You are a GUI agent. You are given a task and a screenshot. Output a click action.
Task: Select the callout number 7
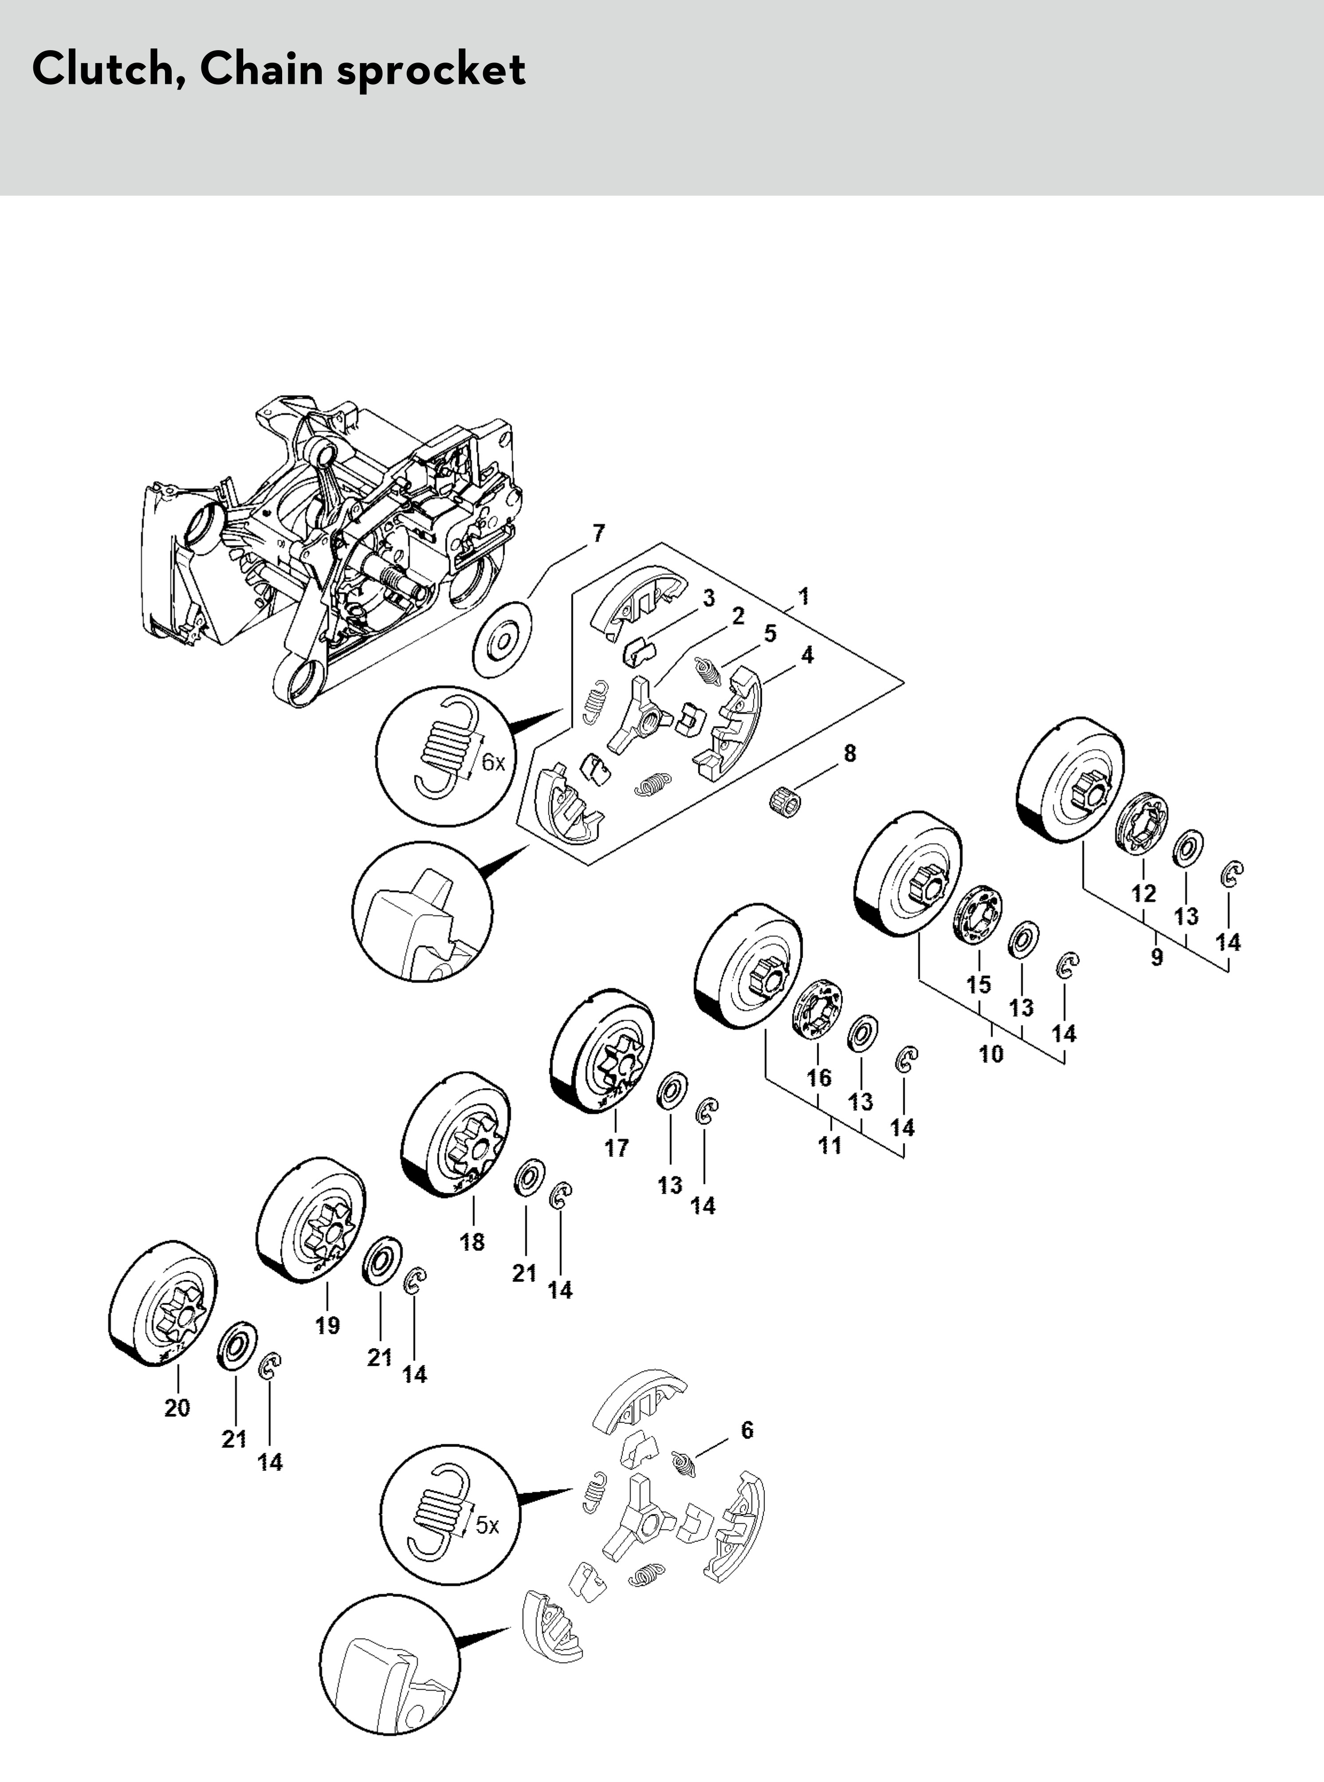click(599, 533)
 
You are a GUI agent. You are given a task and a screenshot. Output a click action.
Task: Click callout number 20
click(177, 1408)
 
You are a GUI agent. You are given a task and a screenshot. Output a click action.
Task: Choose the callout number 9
click(1156, 957)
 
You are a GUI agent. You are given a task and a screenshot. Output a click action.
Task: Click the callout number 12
click(1144, 893)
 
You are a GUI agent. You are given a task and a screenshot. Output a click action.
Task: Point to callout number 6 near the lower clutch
click(747, 1429)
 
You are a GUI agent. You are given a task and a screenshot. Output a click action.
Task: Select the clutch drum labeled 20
click(163, 1305)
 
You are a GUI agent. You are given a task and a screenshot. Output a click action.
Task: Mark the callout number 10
click(991, 1053)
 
